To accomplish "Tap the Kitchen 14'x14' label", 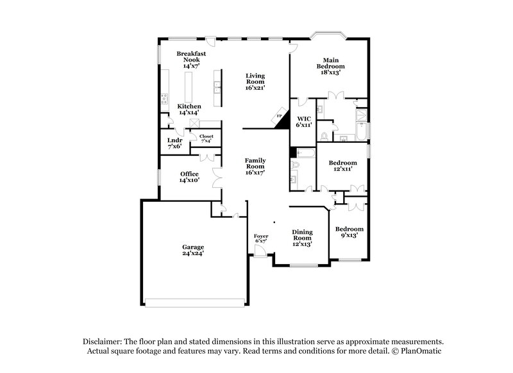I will pyautogui.click(x=189, y=110).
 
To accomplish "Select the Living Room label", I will pyautogui.click(x=255, y=81).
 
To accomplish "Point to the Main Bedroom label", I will pyautogui.click(x=330, y=67).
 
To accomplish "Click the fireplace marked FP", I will pyautogui.click(x=280, y=117).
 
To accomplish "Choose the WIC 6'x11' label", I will pyautogui.click(x=303, y=122).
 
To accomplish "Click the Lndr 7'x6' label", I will pyautogui.click(x=174, y=143).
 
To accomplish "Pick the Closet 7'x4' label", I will pyautogui.click(x=206, y=138).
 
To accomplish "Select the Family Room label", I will pyautogui.click(x=255, y=166).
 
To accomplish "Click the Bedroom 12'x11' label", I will pyautogui.click(x=342, y=167).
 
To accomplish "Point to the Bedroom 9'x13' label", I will pyautogui.click(x=350, y=232).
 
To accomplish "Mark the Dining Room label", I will pyautogui.click(x=302, y=238).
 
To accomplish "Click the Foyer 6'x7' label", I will pyautogui.click(x=261, y=239).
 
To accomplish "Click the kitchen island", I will pyautogui.click(x=190, y=87).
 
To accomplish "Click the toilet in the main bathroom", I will pyautogui.click(x=325, y=136).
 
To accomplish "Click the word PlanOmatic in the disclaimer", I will pyautogui.click(x=421, y=352).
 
